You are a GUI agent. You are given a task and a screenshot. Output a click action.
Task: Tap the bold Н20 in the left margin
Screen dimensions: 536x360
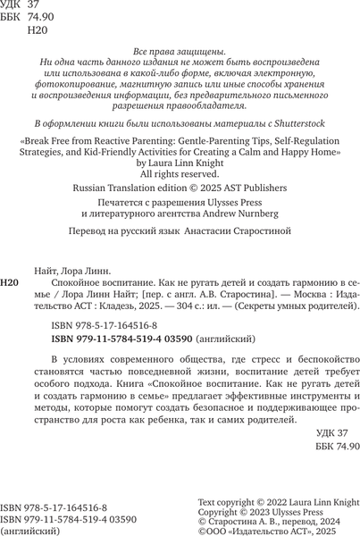coord(11,282)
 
